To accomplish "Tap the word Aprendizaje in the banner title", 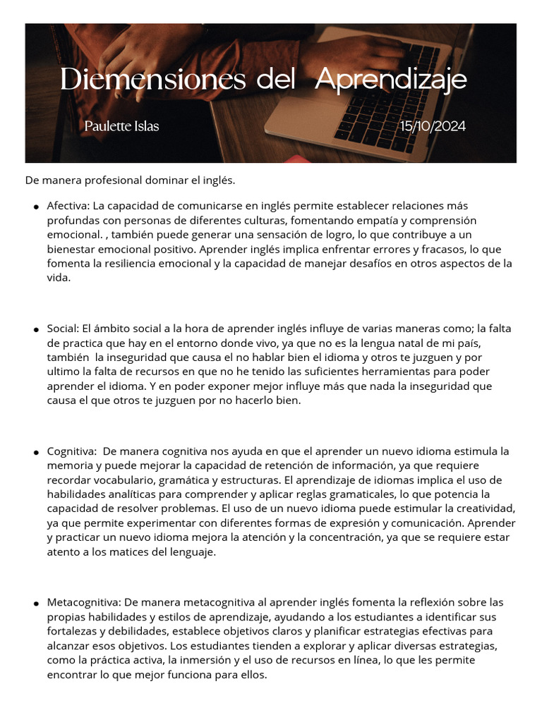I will point(390,80).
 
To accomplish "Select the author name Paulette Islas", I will point(121,127).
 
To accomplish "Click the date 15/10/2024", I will point(433,127).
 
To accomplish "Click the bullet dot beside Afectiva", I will point(35,207).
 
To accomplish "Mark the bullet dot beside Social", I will point(35,330).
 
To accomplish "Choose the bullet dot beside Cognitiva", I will point(35,452).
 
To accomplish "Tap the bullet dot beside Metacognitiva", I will point(35,604).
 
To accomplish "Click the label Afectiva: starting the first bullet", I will point(68,207).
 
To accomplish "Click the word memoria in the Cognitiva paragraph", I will point(69,465).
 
